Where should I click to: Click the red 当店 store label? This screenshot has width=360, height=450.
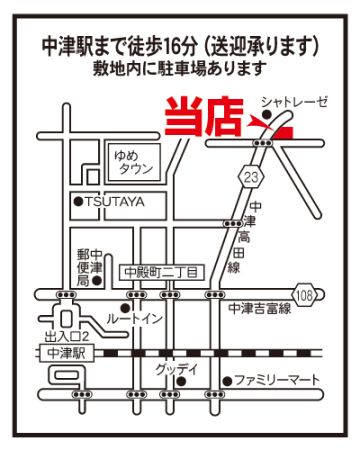[x=203, y=116]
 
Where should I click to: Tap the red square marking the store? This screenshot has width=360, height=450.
[x=284, y=132]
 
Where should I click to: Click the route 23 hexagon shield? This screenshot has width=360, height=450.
[x=251, y=176]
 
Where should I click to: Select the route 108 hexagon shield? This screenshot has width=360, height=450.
[x=304, y=295]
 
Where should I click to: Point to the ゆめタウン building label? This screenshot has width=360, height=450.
[x=133, y=162]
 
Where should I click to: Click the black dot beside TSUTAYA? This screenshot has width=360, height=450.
[x=78, y=201]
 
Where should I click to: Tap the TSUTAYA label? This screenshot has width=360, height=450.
[x=115, y=201]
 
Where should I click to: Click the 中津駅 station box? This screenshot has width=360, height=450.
[x=66, y=353]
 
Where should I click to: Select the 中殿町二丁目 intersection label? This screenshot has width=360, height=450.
[x=161, y=273]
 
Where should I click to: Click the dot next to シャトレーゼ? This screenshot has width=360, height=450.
[x=266, y=115]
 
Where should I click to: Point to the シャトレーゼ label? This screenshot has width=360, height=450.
[x=294, y=102]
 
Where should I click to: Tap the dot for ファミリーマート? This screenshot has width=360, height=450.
[x=227, y=381]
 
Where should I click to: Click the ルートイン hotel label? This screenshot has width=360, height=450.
[x=134, y=319]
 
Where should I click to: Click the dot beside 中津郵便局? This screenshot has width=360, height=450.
[x=97, y=280]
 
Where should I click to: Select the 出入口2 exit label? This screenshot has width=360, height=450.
[x=67, y=337]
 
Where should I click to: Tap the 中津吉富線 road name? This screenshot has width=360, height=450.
[x=260, y=309]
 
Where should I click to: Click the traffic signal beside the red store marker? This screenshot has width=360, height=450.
[x=263, y=143]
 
